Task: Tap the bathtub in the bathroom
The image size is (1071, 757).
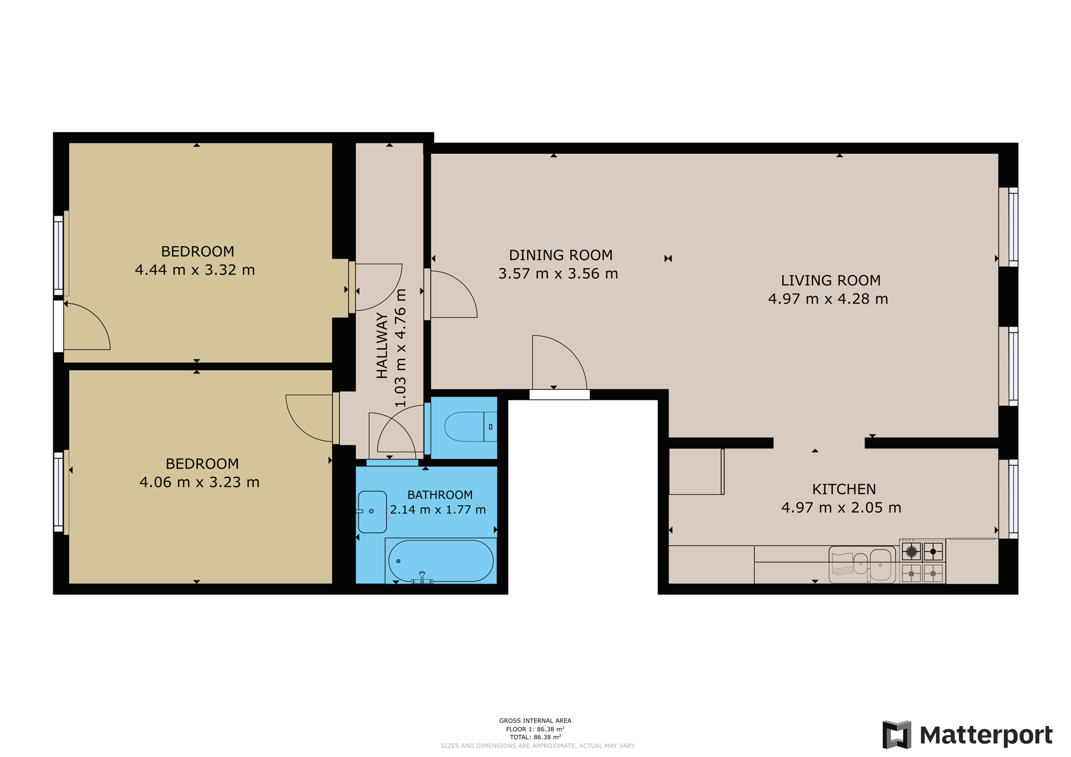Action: pos(441,561)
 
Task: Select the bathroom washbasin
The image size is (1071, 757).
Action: pos(372,512)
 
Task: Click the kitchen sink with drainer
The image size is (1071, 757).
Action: pos(862,565)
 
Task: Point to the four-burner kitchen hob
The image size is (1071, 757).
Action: pos(922,562)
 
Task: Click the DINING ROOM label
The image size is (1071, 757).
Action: pos(560,255)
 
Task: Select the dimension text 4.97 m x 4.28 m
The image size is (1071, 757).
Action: pos(827,299)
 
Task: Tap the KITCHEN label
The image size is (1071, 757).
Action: pos(844,489)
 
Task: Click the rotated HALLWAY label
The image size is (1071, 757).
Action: pos(382,345)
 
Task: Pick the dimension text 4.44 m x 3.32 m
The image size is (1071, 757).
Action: pos(195,270)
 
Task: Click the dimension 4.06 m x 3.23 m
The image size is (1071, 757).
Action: pos(199,482)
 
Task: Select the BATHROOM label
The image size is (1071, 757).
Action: pos(440,495)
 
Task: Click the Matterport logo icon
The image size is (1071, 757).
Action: pos(896,734)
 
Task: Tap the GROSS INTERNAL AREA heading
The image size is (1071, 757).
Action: pos(535,721)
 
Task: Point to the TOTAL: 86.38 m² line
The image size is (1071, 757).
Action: pos(535,737)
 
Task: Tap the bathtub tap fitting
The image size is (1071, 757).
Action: pos(422,577)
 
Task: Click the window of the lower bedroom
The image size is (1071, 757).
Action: pos(59,493)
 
